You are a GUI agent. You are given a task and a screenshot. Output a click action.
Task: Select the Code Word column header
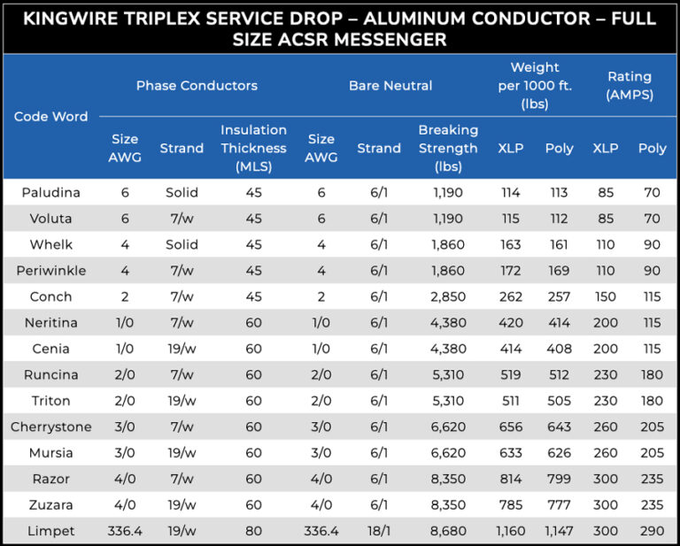tap(50, 117)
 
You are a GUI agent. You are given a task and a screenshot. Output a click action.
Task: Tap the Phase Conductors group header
tap(197, 86)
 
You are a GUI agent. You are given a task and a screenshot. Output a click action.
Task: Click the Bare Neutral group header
tap(390, 86)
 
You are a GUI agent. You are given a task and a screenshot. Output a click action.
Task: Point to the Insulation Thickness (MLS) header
tap(253, 148)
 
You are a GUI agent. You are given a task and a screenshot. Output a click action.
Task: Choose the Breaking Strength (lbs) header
tap(448, 148)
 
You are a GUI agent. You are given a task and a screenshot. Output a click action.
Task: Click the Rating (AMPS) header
tap(629, 86)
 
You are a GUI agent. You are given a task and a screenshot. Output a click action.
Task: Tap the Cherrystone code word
tap(50, 427)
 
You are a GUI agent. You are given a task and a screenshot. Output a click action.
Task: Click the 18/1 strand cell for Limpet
tap(379, 531)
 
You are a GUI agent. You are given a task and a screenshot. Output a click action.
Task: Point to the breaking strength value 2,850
tap(448, 296)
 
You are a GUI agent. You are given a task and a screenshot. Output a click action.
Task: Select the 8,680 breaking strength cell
tap(448, 531)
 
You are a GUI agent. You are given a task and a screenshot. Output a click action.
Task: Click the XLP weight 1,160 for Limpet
tap(511, 531)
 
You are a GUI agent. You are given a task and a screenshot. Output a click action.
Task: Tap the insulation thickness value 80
tap(253, 531)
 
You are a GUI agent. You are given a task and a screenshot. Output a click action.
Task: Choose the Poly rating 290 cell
tap(652, 531)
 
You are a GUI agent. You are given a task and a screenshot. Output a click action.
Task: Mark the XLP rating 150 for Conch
tap(606, 296)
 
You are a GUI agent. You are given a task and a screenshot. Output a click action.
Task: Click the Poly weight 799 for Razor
tap(559, 479)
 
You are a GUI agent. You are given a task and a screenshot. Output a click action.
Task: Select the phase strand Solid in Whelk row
tap(182, 244)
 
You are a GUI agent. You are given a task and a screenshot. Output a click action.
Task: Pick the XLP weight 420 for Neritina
tap(511, 323)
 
